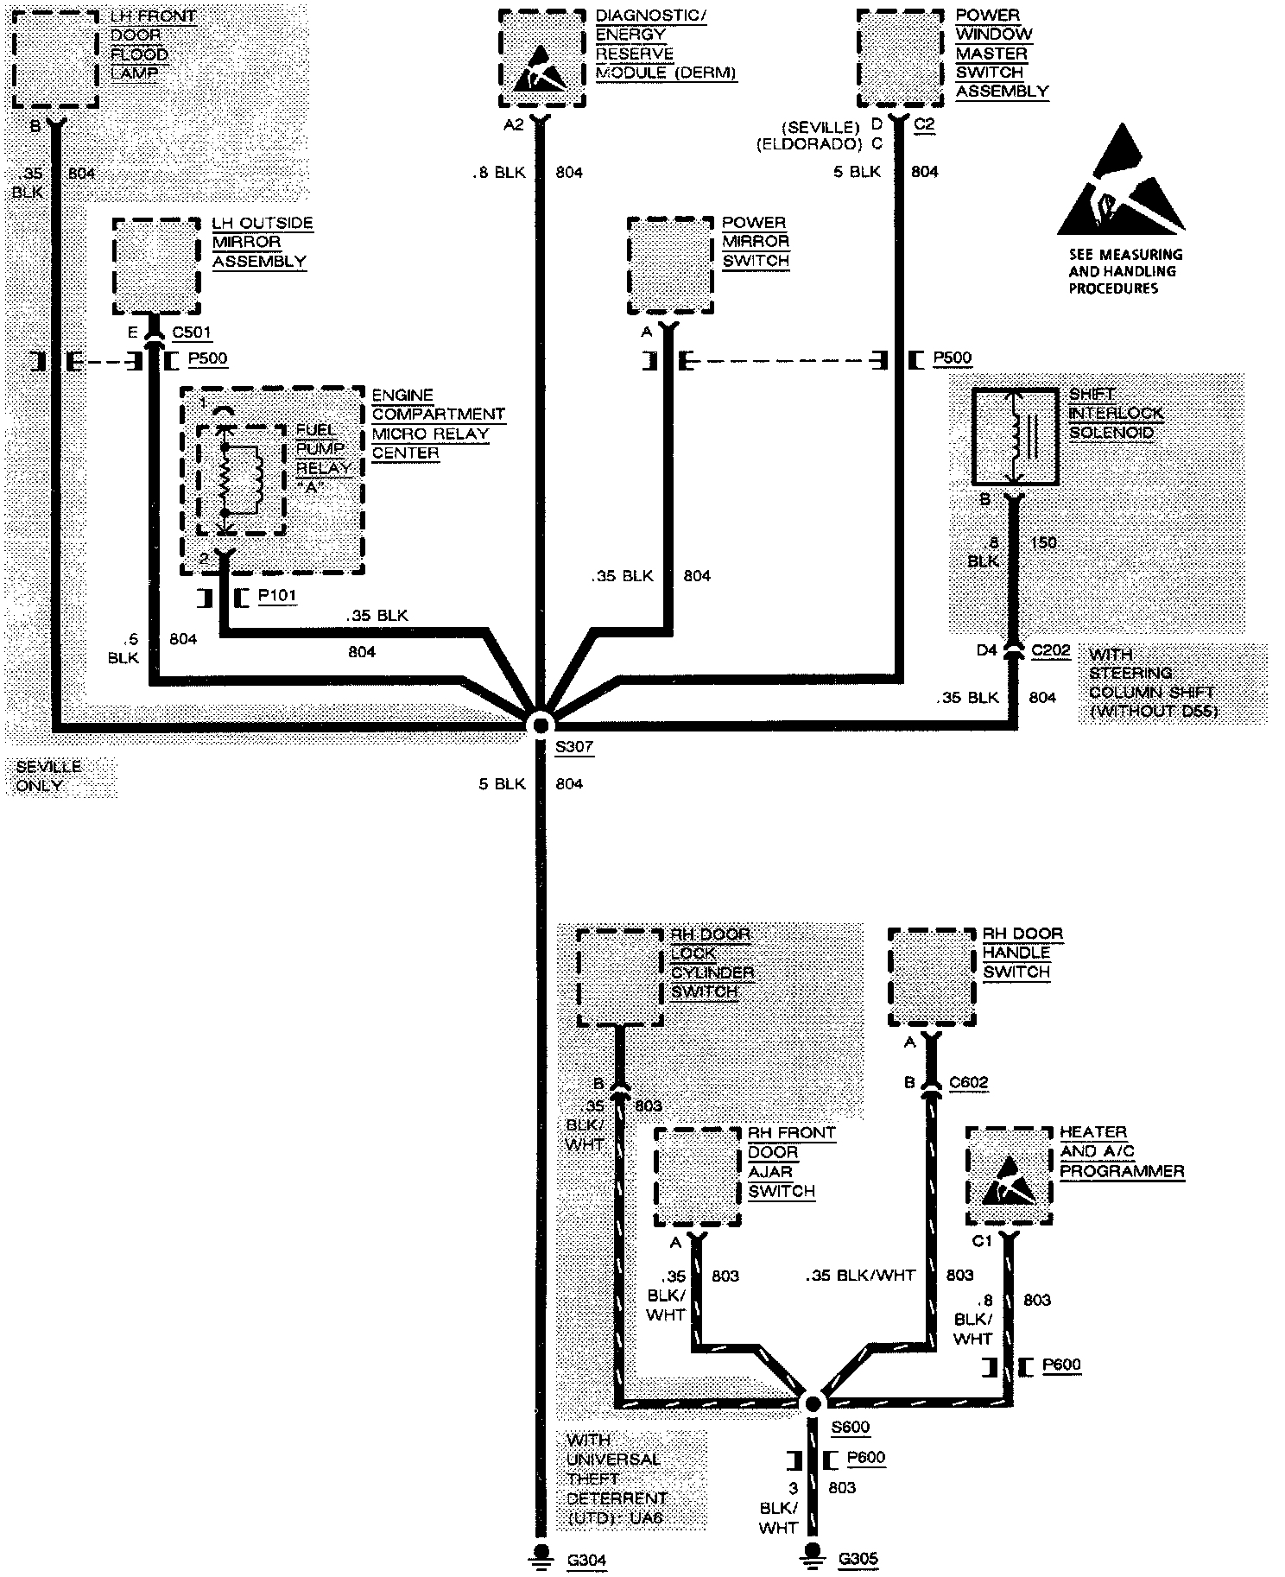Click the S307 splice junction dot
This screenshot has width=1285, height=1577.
(541, 724)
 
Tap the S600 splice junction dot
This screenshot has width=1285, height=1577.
(813, 1403)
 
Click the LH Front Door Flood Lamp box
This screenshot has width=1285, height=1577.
(55, 59)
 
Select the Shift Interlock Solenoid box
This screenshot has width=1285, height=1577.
(1015, 436)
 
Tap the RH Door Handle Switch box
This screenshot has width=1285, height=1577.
(931, 977)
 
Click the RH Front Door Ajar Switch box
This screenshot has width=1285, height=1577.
(697, 1176)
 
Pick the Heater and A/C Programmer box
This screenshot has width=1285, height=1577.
(1009, 1175)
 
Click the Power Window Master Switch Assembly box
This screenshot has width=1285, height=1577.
(900, 56)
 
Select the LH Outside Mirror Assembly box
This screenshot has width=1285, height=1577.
(156, 266)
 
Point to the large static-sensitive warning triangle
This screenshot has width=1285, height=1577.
(1120, 181)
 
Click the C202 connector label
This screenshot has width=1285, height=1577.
(1050, 650)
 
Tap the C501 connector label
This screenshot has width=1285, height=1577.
(191, 332)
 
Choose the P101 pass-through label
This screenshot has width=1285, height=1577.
(276, 596)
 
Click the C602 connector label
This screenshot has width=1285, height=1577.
(968, 1082)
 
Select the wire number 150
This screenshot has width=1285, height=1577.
(1043, 542)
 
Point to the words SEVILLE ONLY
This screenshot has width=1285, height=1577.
(48, 776)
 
